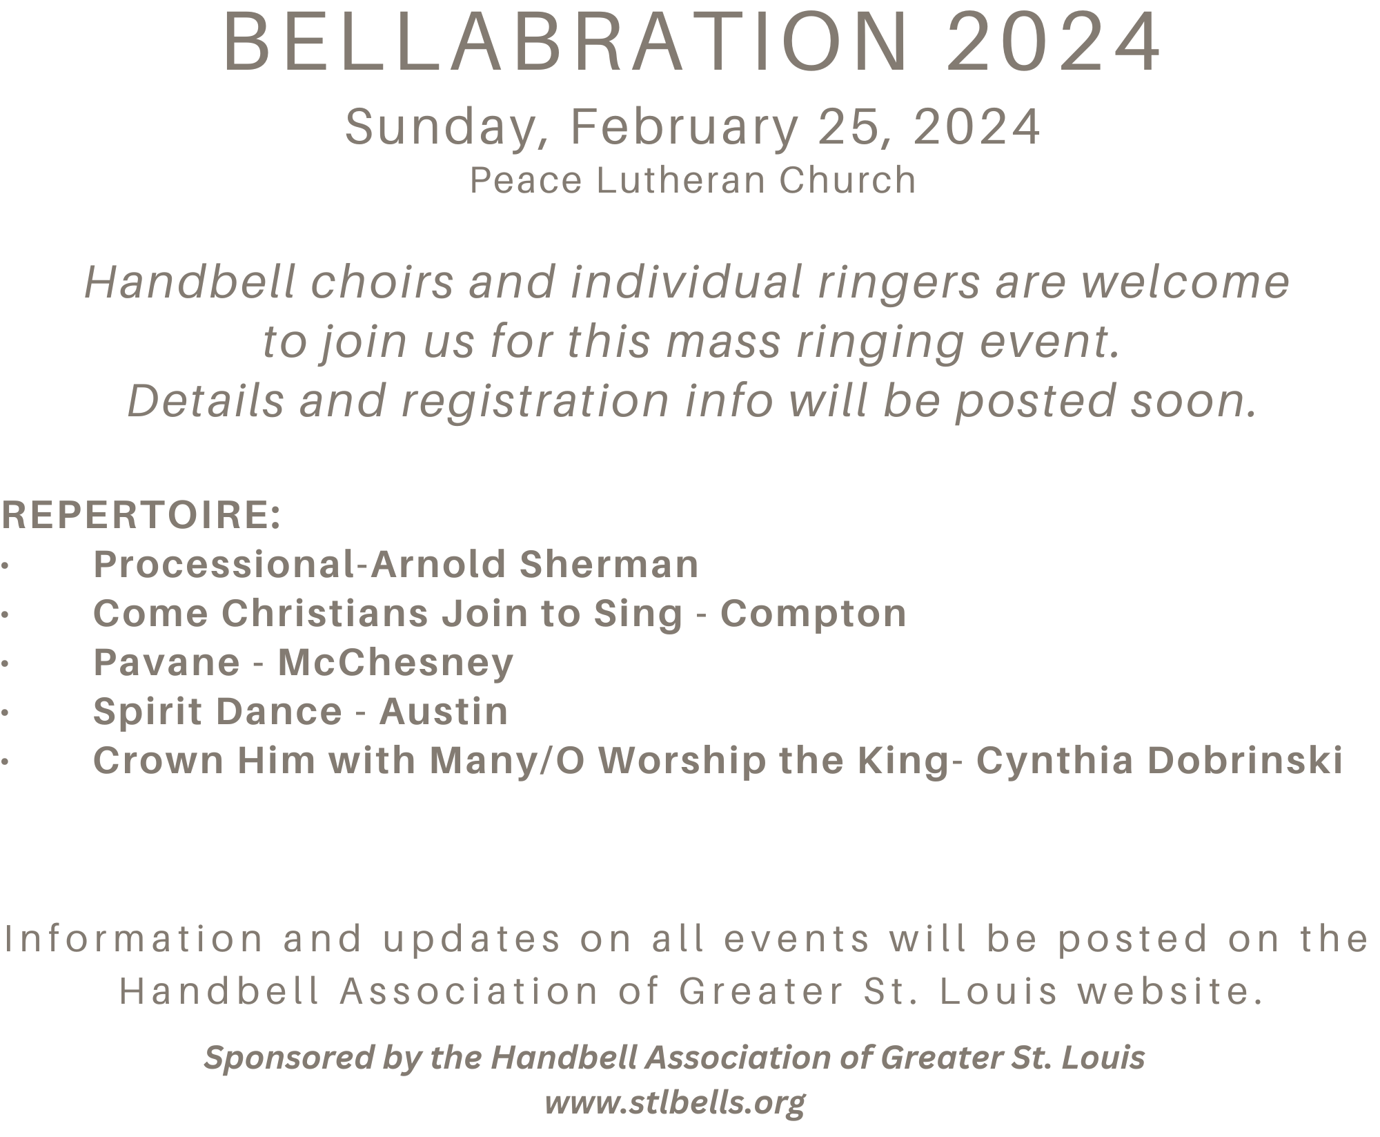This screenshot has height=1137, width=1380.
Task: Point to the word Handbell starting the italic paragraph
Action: [190, 282]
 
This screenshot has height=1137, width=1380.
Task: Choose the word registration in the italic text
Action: [535, 402]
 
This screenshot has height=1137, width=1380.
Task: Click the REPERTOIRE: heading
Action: [141, 515]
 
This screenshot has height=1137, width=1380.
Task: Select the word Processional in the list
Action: [224, 564]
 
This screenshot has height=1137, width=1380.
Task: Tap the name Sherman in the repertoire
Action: [609, 564]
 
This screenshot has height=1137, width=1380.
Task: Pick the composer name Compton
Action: [814, 614]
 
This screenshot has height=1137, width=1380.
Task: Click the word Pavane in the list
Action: [167, 663]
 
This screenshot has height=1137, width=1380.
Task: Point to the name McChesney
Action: [395, 663]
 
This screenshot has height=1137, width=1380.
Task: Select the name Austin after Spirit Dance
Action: [444, 712]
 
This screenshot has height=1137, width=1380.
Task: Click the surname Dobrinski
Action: [1245, 761]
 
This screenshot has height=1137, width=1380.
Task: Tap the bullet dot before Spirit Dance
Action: [5, 712]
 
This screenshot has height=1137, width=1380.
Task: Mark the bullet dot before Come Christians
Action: [5, 614]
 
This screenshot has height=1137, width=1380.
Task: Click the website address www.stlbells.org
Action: [675, 1102]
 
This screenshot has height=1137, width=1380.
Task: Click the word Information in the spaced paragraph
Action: [135, 939]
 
